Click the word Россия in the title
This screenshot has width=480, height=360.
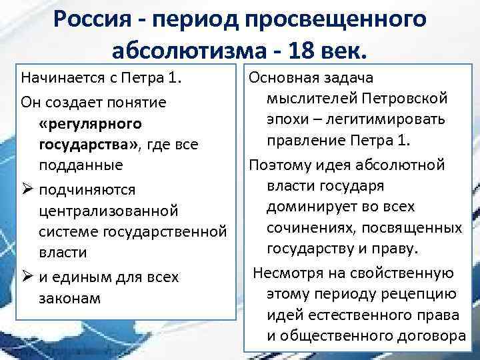coord(97,20)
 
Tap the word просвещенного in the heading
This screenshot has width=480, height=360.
coord(345,20)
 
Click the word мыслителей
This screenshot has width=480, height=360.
coord(308,100)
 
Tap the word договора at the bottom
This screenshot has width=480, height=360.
coord(422,335)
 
